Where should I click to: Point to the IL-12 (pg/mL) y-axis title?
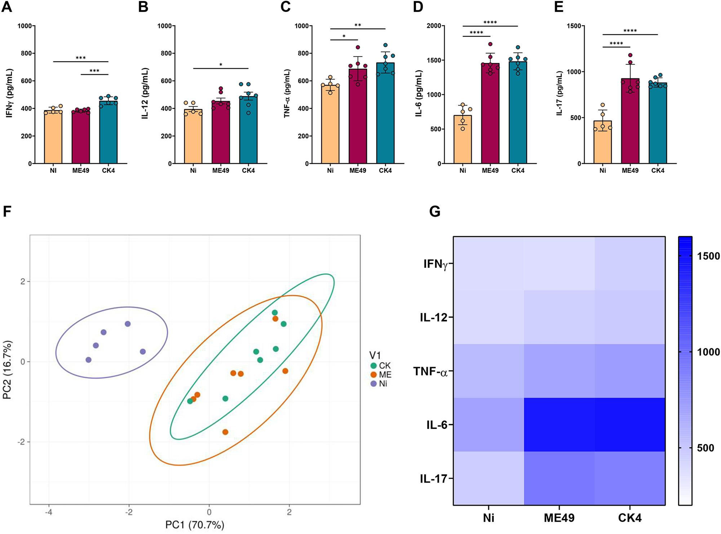[145, 93]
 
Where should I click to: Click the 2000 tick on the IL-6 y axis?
[434, 26]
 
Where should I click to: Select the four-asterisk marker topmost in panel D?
[490, 23]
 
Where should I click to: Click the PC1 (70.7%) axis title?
[195, 525]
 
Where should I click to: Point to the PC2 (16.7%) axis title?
[7, 370]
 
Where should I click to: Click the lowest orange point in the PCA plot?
[225, 432]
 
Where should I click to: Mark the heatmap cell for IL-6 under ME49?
[559, 425]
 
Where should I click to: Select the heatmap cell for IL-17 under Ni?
[488, 478]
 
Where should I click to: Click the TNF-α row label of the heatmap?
[430, 371]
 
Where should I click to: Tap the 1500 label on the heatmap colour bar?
[708, 256]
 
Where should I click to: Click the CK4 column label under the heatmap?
[629, 518]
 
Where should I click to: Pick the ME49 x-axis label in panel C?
[357, 171]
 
